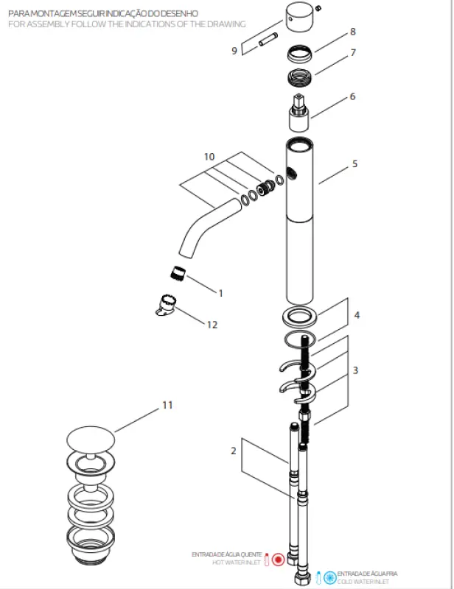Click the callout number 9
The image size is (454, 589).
pos(234,51)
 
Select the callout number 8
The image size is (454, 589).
pos(353,32)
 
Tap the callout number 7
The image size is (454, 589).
pos(353,53)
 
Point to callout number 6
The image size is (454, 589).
pos(352,96)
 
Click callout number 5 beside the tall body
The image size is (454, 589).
pos(355,163)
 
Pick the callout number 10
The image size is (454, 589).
pos(209,157)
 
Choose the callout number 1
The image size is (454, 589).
pos(220,292)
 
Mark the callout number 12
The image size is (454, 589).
pos(212,325)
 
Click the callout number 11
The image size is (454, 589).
pos(167,406)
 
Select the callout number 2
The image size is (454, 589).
pos(234,451)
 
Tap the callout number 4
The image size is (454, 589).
pos(357,315)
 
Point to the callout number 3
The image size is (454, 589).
pos(355,370)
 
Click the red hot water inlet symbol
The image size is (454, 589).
pos(278,559)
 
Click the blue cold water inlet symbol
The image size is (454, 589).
pos(329,576)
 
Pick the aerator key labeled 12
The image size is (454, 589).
pos(167,306)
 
